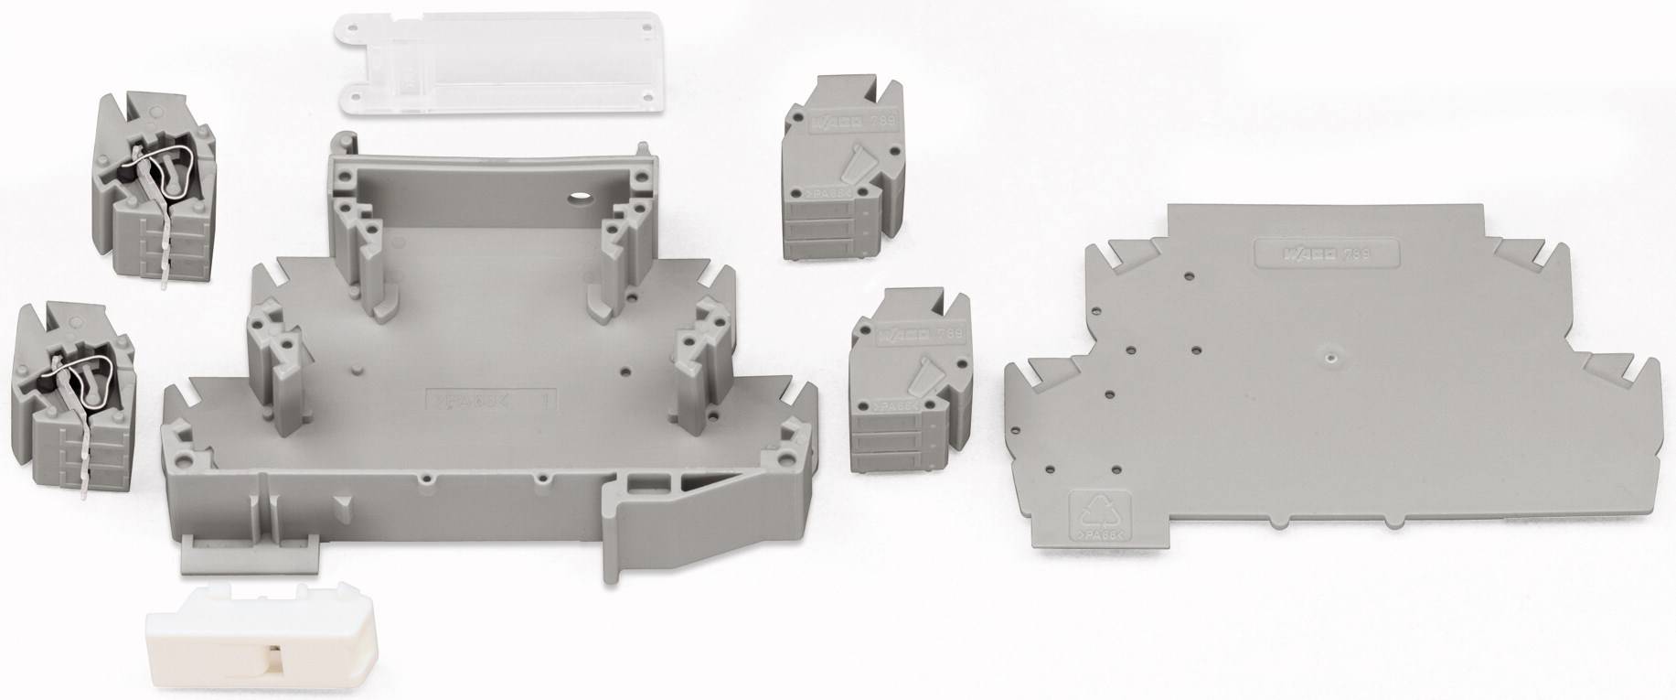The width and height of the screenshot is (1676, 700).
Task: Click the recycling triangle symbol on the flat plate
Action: (1100, 509)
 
